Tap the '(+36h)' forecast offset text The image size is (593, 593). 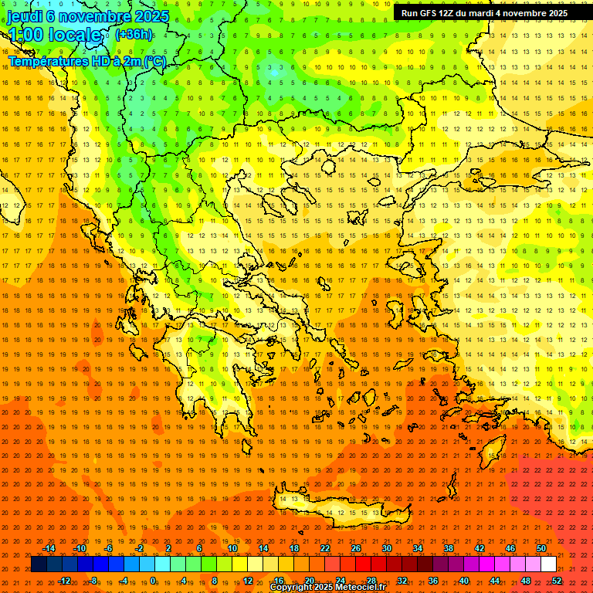coord(134,35)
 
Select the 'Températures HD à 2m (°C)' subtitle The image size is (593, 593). coord(86,62)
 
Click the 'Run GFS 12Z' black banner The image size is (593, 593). coord(484,13)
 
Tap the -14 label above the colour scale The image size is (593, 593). coord(49,548)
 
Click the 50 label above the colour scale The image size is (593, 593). coord(540,548)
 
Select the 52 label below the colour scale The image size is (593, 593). coord(556,581)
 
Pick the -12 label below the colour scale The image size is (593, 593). coord(64,581)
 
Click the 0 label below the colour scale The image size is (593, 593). coord(153,581)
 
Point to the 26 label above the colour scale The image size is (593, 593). coord(355,548)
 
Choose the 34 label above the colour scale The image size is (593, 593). coord(417,548)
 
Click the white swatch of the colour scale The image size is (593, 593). coord(548,564)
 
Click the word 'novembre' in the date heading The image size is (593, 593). coord(93,16)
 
